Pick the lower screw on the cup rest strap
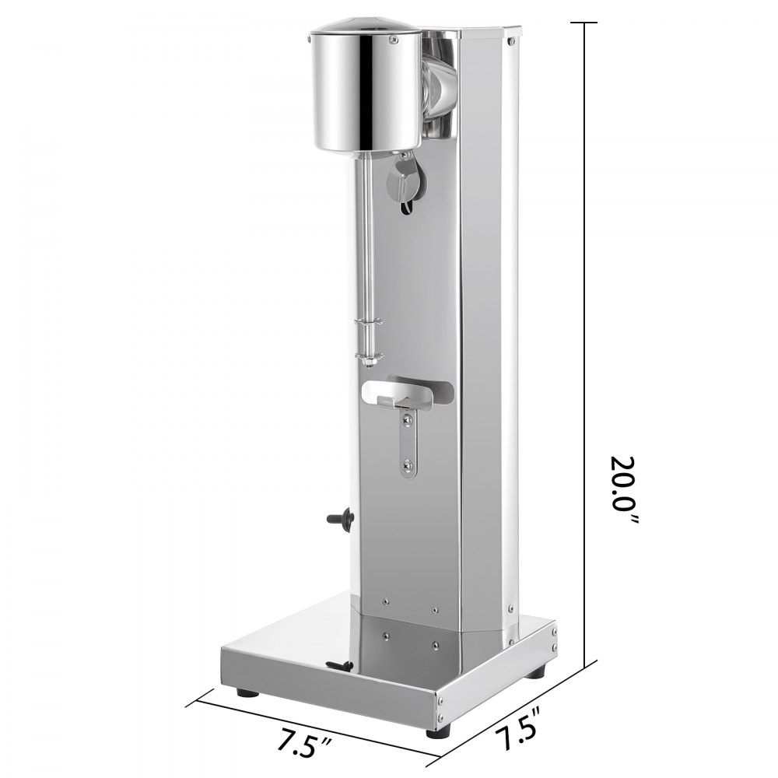[407, 465]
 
